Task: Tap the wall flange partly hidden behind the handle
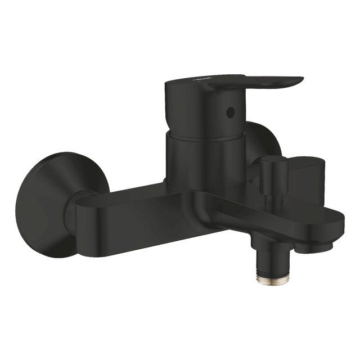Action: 262,138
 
